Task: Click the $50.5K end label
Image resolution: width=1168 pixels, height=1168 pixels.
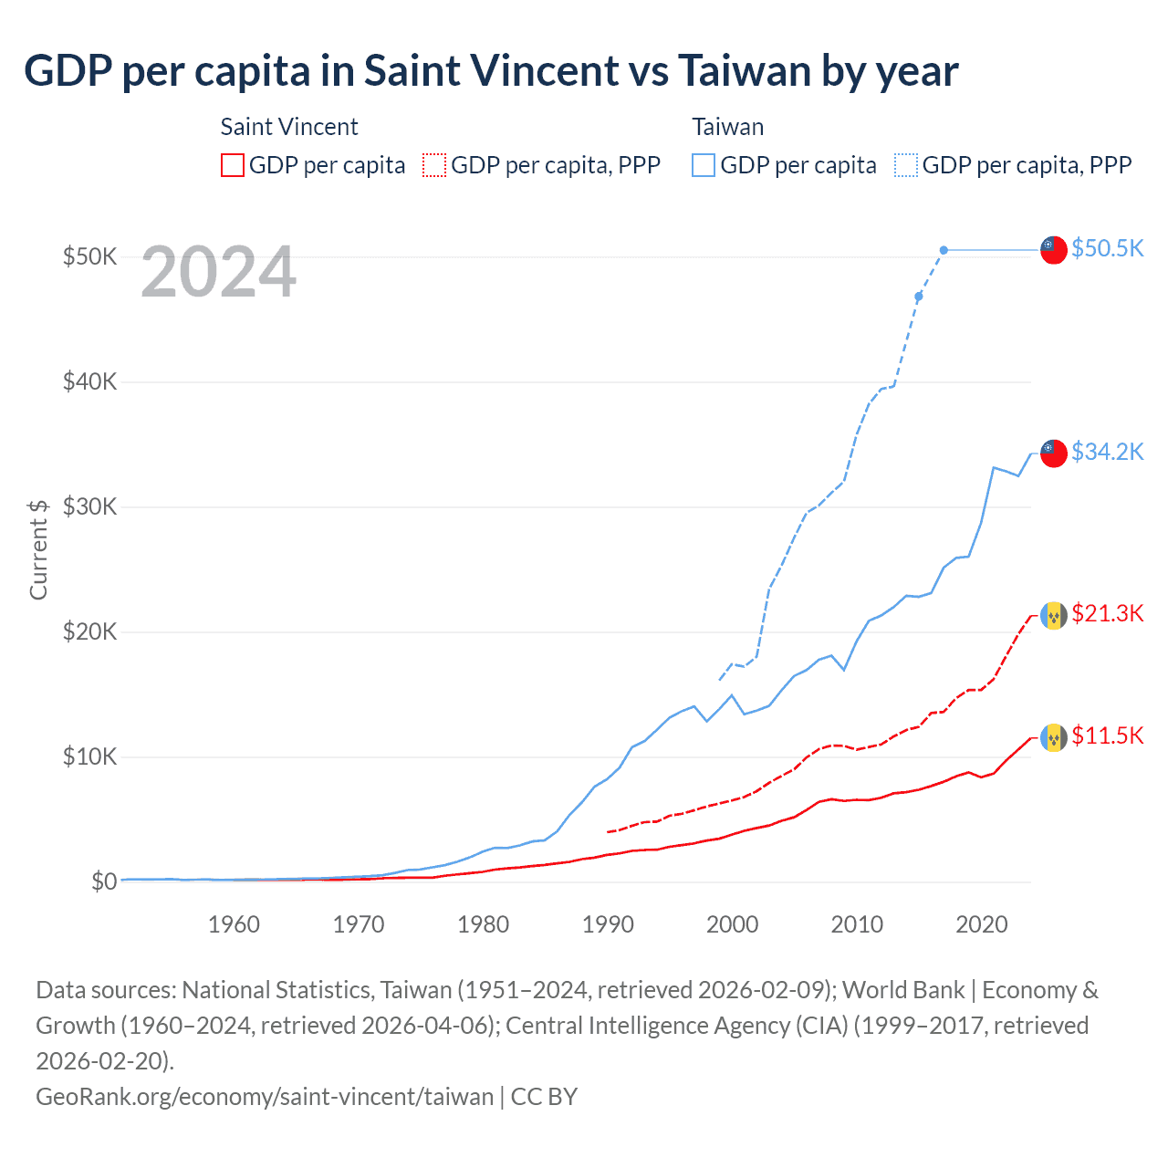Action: (1107, 248)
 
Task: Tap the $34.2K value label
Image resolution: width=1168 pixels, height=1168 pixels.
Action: (1107, 452)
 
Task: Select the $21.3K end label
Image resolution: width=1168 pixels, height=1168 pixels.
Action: (1107, 613)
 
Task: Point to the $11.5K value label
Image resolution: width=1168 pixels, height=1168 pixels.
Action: (1107, 735)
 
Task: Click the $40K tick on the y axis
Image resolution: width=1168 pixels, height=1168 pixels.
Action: (89, 381)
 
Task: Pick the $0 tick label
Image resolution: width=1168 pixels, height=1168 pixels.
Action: (104, 881)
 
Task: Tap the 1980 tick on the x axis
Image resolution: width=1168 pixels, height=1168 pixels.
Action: (483, 924)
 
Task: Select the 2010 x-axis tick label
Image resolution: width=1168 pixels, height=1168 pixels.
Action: (857, 924)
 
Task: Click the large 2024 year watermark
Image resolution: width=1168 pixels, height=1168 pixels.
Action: (219, 272)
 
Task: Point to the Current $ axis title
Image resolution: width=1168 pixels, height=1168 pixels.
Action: (38, 549)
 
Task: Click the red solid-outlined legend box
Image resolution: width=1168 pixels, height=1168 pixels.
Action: (233, 165)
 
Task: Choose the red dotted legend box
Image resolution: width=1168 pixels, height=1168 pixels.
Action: (434, 165)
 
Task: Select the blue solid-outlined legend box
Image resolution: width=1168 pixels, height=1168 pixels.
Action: (704, 165)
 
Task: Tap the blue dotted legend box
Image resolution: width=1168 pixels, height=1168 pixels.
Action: (906, 165)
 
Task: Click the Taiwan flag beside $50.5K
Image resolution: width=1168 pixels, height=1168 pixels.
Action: (1054, 250)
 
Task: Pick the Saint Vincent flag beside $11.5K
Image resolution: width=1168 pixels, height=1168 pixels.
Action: (1054, 737)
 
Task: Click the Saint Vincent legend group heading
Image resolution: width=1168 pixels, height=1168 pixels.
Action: (289, 127)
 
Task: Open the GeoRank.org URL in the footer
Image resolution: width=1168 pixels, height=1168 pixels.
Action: (265, 1096)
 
